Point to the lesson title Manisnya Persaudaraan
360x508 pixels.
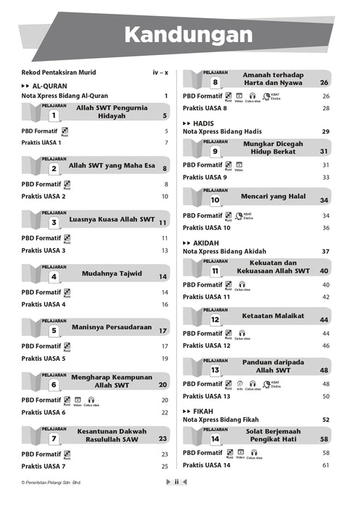tap(113, 328)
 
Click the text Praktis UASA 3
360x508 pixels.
tap(44, 250)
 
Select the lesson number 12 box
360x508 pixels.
tap(215, 319)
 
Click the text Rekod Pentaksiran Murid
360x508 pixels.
tap(59, 73)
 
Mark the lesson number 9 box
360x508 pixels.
tap(215, 152)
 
